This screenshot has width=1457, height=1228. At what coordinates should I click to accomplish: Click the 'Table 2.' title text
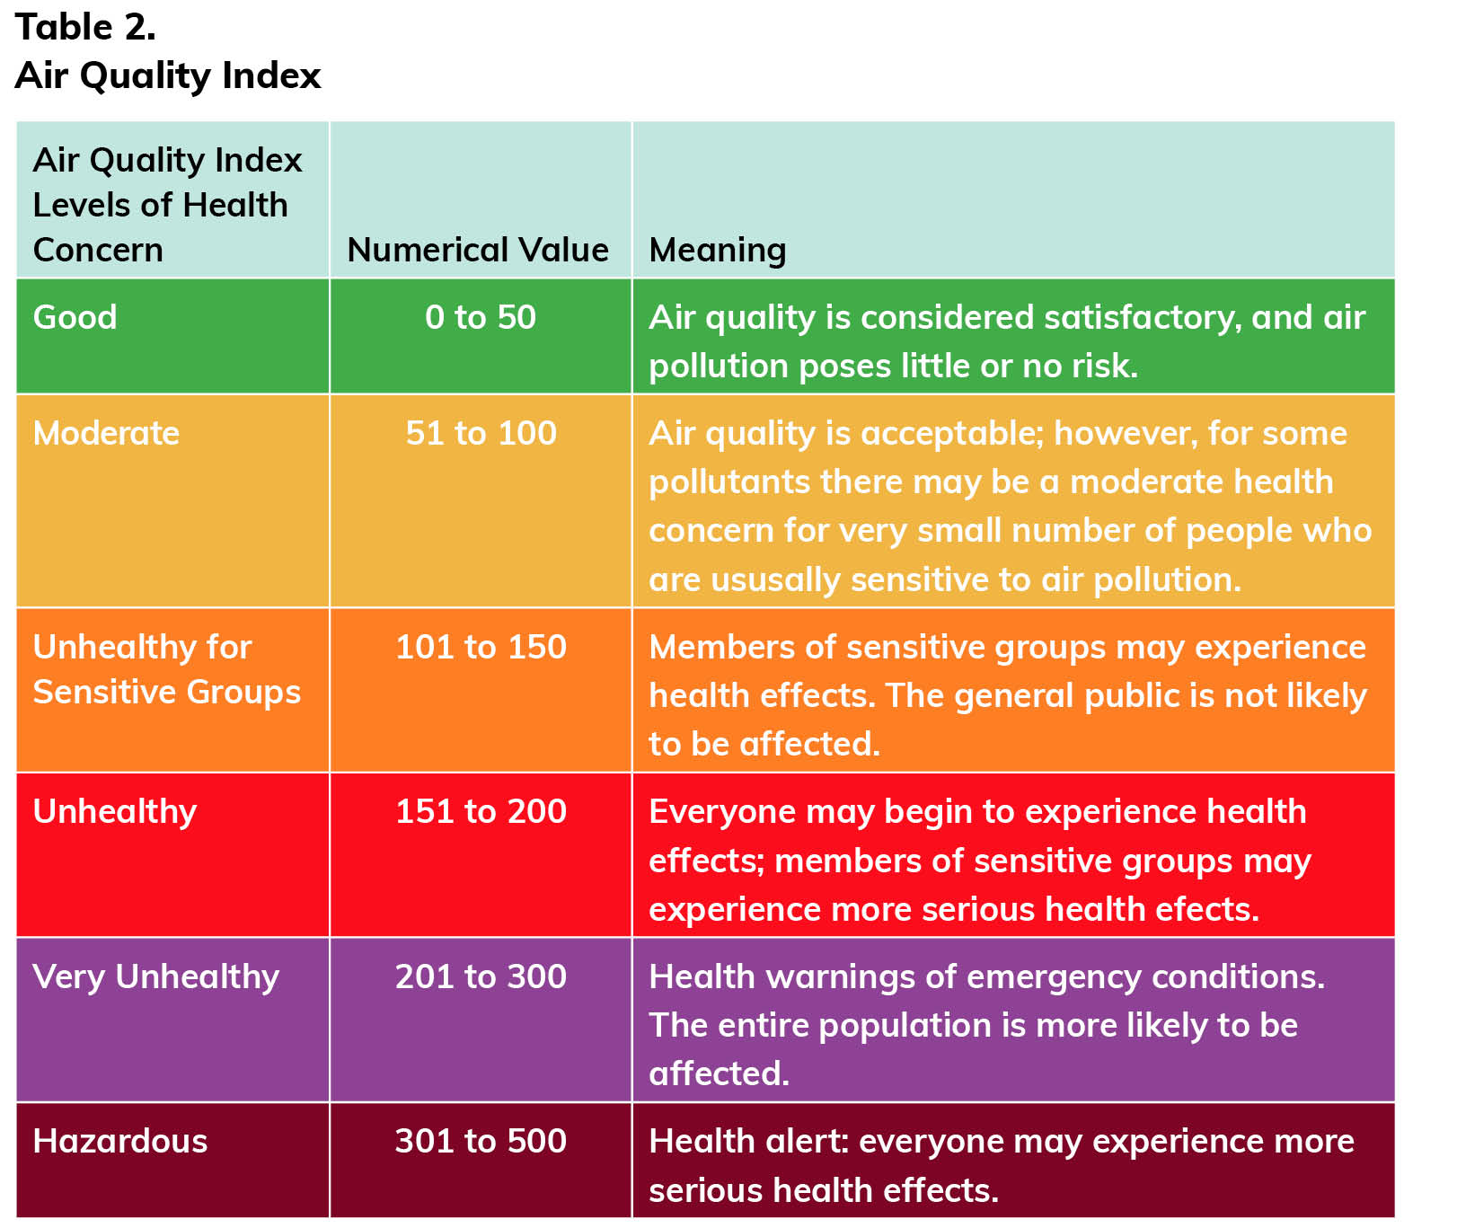pyautogui.click(x=85, y=27)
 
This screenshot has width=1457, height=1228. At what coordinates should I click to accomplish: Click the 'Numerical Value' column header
pyautogui.click(x=478, y=250)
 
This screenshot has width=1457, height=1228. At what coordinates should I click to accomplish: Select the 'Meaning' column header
pyautogui.click(x=717, y=250)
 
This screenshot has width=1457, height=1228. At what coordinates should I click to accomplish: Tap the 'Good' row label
pyautogui.click(x=75, y=317)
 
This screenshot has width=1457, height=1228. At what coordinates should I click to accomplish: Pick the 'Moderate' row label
pyautogui.click(x=106, y=433)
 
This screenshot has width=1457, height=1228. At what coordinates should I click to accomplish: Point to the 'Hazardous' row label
pyautogui.click(x=119, y=1141)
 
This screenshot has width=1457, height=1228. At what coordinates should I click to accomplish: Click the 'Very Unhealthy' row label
pyautogui.click(x=155, y=976)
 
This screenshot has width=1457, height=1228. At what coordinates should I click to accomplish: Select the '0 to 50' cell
pyautogui.click(x=481, y=317)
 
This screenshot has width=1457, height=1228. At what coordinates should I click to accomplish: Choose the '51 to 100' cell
pyautogui.click(x=481, y=433)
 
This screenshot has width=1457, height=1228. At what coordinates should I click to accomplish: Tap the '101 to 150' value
pyautogui.click(x=481, y=647)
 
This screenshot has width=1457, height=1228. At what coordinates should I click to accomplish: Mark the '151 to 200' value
pyautogui.click(x=481, y=811)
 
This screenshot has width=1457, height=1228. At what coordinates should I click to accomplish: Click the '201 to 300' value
pyautogui.click(x=481, y=976)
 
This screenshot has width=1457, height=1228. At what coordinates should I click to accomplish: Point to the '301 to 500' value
pyautogui.click(x=481, y=1141)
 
